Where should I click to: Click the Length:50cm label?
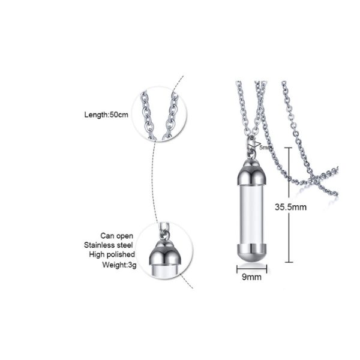pyautogui.click(x=106, y=115)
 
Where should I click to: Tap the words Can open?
pyautogui.click(x=116, y=236)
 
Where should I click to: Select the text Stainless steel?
pyautogui.click(x=109, y=245)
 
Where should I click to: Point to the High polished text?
pyautogui.click(x=112, y=254)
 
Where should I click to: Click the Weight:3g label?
pyautogui.click(x=119, y=265)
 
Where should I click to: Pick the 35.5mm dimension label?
pyautogui.click(x=290, y=207)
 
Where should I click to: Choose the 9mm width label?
pyautogui.click(x=251, y=277)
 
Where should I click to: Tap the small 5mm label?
pyautogui.click(x=265, y=148)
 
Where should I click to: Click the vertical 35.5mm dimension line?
pyautogui.click(x=289, y=205)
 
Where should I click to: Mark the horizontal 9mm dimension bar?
pyautogui.click(x=251, y=269)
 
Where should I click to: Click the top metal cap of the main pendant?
pyautogui.click(x=251, y=173)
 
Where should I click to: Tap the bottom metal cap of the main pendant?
pyautogui.click(x=251, y=253)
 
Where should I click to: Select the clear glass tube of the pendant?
pyautogui.click(x=251, y=214)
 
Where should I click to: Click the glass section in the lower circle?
pyautogui.click(x=165, y=271)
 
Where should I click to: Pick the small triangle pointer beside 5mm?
pyautogui.click(x=256, y=145)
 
